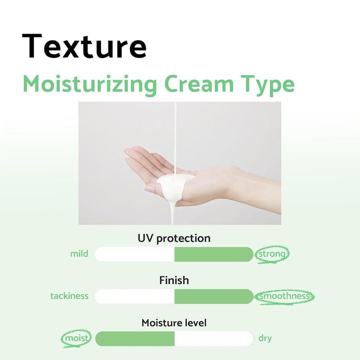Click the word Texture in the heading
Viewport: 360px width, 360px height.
84,46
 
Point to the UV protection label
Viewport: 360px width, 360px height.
174,238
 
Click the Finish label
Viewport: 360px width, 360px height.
174,280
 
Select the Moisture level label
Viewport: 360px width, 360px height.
174,323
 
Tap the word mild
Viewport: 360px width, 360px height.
79,254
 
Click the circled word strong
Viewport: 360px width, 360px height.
271,254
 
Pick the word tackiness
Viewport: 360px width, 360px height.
69,296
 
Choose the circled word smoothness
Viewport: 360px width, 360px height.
284,296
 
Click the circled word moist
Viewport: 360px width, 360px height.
76,338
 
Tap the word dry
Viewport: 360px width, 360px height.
265,338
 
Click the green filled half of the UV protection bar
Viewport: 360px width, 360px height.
214,254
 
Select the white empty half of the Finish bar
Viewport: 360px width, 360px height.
135,297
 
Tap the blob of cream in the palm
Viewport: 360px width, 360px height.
173,184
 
